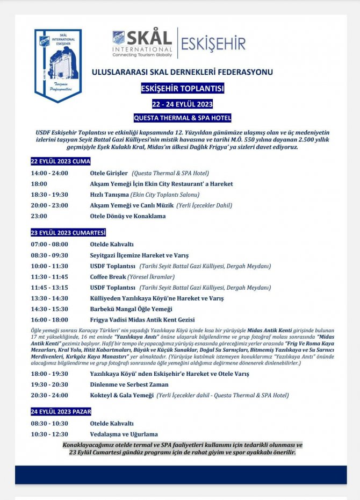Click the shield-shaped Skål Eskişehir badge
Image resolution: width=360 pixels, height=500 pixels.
pyautogui.click(x=58, y=65)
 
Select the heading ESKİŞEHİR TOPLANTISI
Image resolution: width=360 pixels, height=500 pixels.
pyautogui.click(x=182, y=88)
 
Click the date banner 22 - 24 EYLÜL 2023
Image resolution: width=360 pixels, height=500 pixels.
pyautogui.click(x=182, y=104)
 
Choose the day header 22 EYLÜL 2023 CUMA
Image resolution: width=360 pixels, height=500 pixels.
pyautogui.click(x=60, y=161)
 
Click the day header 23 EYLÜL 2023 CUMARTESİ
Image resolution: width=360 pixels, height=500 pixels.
pyautogui.click(x=68, y=233)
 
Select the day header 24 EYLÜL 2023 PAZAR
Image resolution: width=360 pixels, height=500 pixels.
pyautogui.click(x=61, y=412)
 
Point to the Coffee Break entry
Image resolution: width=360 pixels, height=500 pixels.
pyautogui.click(x=108, y=277)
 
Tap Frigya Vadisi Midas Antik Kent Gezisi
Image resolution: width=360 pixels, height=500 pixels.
pyautogui.click(x=142, y=320)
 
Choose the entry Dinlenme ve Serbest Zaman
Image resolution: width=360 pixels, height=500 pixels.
pyautogui.click(x=129, y=384)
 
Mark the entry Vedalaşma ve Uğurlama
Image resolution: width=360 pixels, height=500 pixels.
pyautogui.click(x=124, y=434)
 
